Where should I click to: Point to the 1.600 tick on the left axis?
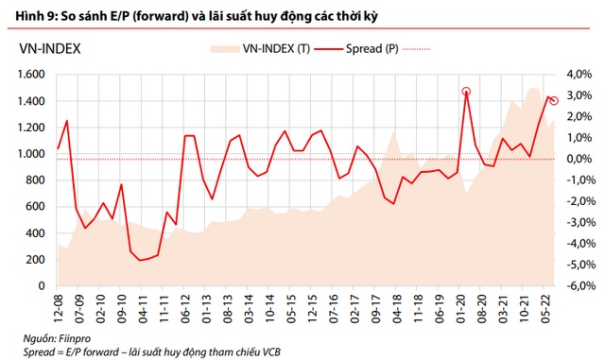pyautogui.click(x=32, y=75)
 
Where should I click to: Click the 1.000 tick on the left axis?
pyautogui.click(x=32, y=154)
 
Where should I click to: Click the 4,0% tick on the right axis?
pyautogui.click(x=579, y=75)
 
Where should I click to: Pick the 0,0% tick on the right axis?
pyautogui.click(x=579, y=159)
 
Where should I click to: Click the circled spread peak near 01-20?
pyautogui.click(x=466, y=92)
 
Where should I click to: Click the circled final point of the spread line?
pyautogui.click(x=554, y=100)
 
